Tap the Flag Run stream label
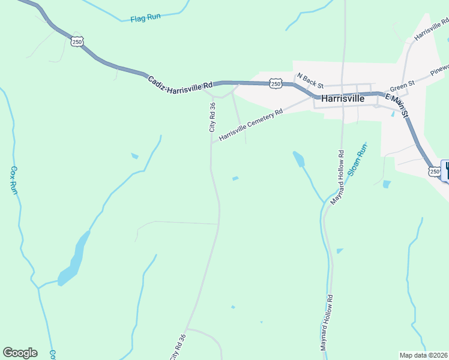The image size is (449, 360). pyautogui.click(x=146, y=19)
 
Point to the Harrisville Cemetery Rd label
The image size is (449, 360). pyautogui.click(x=250, y=125)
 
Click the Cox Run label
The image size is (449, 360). pyautogui.click(x=14, y=180)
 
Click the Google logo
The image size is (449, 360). pyautogui.click(x=20, y=353)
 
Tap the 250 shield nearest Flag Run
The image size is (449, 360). pyautogui.click(x=76, y=41)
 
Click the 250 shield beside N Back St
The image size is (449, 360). pyautogui.click(x=276, y=84)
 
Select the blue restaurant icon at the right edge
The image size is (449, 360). pyautogui.click(x=445, y=170)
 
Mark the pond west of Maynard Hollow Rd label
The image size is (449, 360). pyautogui.click(x=298, y=159)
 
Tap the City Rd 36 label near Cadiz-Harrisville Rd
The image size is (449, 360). pyautogui.click(x=212, y=117)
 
